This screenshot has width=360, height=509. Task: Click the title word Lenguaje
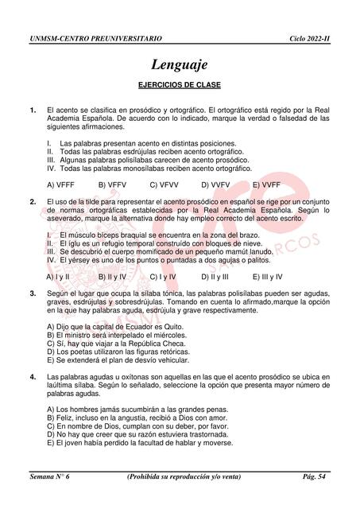click(180, 64)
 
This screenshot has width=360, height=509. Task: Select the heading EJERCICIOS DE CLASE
click(180, 85)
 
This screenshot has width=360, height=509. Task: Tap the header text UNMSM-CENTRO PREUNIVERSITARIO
click(95, 37)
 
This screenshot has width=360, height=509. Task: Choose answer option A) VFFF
click(63, 184)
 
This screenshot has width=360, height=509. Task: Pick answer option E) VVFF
click(268, 184)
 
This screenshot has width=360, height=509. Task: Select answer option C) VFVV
click(165, 184)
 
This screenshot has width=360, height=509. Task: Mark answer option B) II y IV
click(115, 277)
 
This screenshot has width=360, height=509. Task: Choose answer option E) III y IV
click(270, 277)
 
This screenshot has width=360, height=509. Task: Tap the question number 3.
click(32, 294)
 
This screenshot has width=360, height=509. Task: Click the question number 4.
click(32, 376)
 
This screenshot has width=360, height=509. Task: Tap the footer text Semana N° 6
click(49, 476)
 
